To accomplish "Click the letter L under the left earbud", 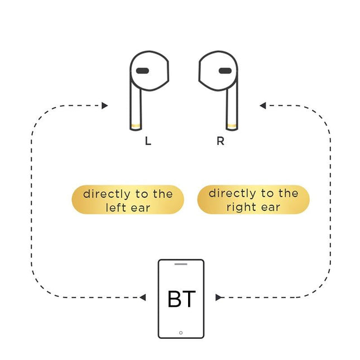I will (x=148, y=141).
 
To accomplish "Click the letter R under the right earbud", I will (x=220, y=141).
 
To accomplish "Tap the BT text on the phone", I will (x=181, y=299).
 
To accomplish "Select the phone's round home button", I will (x=181, y=332).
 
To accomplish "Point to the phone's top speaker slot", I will (x=181, y=264).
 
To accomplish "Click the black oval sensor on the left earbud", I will (x=142, y=71).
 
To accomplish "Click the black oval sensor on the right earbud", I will (x=225, y=71).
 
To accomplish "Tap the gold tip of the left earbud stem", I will (x=136, y=125).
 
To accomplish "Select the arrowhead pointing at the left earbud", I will (x=105, y=105).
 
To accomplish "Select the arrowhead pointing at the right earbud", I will (x=263, y=105).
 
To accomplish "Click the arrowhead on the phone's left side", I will (x=143, y=297).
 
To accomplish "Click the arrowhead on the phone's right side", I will (x=219, y=297).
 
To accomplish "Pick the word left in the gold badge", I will (x=116, y=208).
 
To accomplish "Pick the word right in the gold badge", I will (x=239, y=207).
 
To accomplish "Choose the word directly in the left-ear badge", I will (x=105, y=194).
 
